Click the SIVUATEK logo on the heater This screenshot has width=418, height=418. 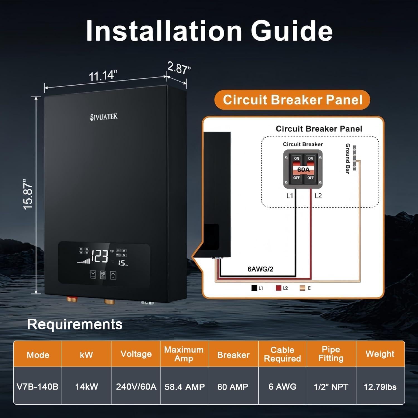tap(104, 117)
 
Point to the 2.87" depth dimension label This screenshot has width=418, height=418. tap(179, 68)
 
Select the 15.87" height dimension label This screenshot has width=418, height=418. tap(28, 194)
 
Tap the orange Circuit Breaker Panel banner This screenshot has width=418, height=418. tap(292, 100)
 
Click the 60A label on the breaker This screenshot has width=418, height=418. tap(303, 169)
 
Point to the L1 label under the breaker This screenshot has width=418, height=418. tap(290, 196)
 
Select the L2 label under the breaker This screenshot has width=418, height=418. tap(318, 196)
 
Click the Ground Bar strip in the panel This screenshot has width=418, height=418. tap(354, 158)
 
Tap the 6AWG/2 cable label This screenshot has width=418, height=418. tap(260, 269)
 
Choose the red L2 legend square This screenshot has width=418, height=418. tap(278, 288)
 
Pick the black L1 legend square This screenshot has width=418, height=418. tap(254, 288)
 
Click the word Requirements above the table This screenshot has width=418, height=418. tap(75, 324)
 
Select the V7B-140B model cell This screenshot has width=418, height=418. tap(38, 387)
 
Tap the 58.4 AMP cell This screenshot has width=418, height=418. tap(184, 387)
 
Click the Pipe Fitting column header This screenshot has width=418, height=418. tap(331, 354)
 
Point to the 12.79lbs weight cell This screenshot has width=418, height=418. tap(380, 387)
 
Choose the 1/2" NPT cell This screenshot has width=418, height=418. tap(331, 387)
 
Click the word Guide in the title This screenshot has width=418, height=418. tap(291, 31)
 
